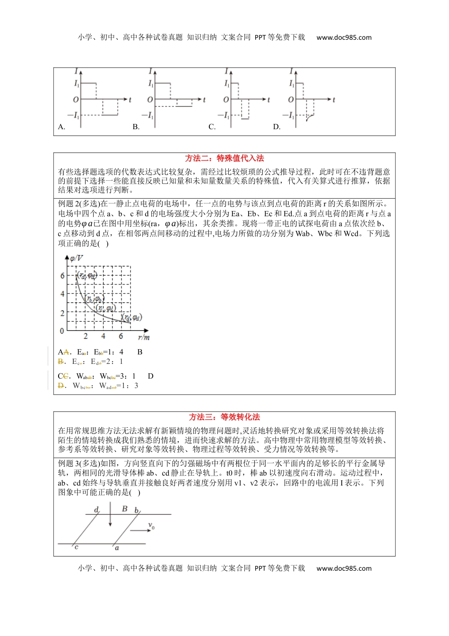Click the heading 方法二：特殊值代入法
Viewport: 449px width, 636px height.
pyautogui.click(x=224, y=159)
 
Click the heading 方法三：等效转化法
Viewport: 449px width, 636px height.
pyautogui.click(x=224, y=417)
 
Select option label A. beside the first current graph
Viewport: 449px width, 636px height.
pyautogui.click(x=61, y=127)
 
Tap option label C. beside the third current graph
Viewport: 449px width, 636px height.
pyautogui.click(x=212, y=127)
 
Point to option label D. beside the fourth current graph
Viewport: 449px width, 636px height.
pyautogui.click(x=277, y=127)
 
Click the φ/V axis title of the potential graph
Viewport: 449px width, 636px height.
pyautogui.click(x=76, y=258)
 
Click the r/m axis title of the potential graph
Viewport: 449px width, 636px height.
pyautogui.click(x=144, y=337)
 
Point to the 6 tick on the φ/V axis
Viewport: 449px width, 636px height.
pyautogui.click(x=62, y=276)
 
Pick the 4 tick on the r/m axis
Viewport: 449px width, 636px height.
pyautogui.click(x=103, y=336)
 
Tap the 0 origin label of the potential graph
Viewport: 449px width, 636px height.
pyautogui.click(x=62, y=331)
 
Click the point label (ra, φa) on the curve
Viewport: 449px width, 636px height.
pyautogui.click(x=87, y=275)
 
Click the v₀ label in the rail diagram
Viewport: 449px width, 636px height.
pyautogui.click(x=151, y=526)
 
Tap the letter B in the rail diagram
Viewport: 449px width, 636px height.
pyautogui.click(x=125, y=509)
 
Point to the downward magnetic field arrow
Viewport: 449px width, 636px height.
pyautogui.click(x=110, y=516)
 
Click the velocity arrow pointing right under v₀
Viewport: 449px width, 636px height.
pyautogui.click(x=140, y=531)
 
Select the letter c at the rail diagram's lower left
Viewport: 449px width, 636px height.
pyautogui.click(x=76, y=548)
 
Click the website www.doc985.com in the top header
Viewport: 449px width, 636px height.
pyautogui.click(x=344, y=37)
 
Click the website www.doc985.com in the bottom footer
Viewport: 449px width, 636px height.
pyautogui.click(x=344, y=568)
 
